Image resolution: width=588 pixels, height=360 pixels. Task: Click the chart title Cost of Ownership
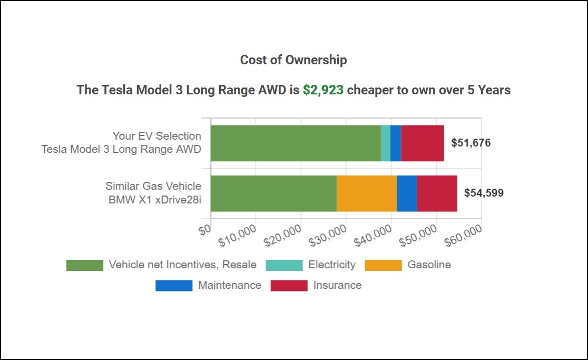[x=293, y=60]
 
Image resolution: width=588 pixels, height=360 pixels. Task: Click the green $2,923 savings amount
[x=323, y=90]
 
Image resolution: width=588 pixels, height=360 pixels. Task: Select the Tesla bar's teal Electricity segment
[x=385, y=143]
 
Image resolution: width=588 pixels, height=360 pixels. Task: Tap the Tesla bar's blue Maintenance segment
[x=396, y=143]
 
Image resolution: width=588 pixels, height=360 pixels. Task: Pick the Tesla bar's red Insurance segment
[x=423, y=143]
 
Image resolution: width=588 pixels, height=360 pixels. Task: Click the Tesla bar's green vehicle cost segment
[x=295, y=143]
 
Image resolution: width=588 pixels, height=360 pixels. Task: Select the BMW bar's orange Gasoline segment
[x=367, y=193]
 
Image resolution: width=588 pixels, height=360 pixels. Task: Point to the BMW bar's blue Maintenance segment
[x=407, y=193]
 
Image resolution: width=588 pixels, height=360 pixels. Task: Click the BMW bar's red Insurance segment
[x=437, y=193]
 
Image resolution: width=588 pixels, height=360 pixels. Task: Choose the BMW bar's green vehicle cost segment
[x=273, y=193]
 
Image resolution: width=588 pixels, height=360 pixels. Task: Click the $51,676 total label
[x=471, y=143]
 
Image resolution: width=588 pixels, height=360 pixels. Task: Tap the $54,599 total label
[x=484, y=193]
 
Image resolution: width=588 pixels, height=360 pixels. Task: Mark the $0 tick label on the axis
[x=205, y=228]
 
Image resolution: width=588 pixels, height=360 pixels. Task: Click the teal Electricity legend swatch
[x=285, y=265]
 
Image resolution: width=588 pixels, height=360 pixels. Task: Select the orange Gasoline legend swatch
[x=384, y=265]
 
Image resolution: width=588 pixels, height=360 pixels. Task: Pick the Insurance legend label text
[x=337, y=286]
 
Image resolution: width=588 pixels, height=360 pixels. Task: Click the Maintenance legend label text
[x=229, y=286]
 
